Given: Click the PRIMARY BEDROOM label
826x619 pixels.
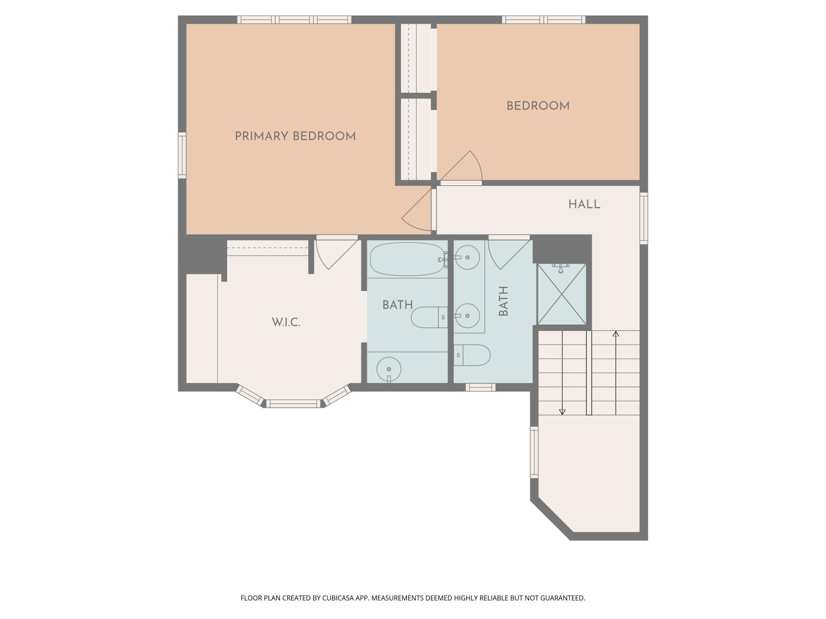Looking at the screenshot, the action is pyautogui.click(x=295, y=136).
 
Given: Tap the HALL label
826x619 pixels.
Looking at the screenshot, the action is pyautogui.click(x=584, y=204).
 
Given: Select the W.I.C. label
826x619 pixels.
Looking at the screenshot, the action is pyautogui.click(x=286, y=322).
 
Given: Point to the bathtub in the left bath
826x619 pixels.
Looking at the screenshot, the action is pyautogui.click(x=407, y=259).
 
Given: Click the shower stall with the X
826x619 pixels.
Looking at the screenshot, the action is pyautogui.click(x=562, y=294).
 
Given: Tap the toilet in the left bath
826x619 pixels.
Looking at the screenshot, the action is pyautogui.click(x=429, y=317).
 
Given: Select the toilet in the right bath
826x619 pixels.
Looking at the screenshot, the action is pyautogui.click(x=472, y=355).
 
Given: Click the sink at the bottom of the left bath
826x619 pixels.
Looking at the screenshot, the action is pyautogui.click(x=389, y=370).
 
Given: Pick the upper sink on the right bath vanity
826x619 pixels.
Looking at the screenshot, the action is pyautogui.click(x=467, y=258).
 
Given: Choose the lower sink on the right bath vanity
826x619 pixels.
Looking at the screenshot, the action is pyautogui.click(x=467, y=316).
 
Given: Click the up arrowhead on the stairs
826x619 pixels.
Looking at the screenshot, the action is pyautogui.click(x=616, y=334).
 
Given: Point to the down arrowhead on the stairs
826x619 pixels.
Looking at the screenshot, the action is pyautogui.click(x=562, y=412).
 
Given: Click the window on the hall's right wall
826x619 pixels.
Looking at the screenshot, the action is pyautogui.click(x=644, y=218).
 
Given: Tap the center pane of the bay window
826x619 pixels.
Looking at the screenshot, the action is pyautogui.click(x=293, y=404).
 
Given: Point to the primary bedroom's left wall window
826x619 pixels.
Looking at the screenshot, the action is pyautogui.click(x=182, y=155).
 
